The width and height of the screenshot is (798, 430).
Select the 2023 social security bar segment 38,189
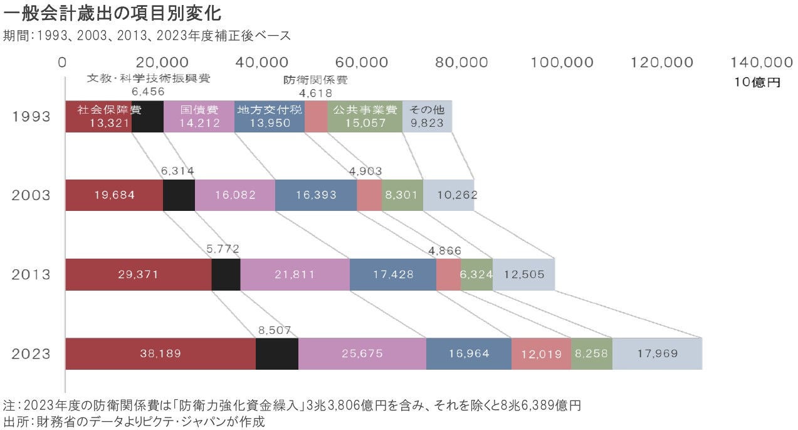coord(160,353)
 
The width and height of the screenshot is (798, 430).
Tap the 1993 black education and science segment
coord(147,117)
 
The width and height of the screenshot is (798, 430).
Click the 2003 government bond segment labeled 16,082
coord(235,195)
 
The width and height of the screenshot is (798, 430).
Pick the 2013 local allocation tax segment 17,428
coord(392,274)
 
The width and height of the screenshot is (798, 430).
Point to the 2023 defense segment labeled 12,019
coord(541,353)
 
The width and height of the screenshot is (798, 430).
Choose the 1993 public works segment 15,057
coord(365,117)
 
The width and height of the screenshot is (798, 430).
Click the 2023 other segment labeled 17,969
coord(657,353)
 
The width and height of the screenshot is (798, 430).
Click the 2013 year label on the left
coord(31,274)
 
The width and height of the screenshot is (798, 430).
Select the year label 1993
coord(31,117)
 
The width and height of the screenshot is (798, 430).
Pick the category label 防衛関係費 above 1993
coord(315,80)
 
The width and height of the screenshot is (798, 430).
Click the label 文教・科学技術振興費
coord(148,79)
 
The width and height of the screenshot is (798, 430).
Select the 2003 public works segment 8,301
coord(402,195)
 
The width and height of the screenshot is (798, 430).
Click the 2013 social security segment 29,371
coord(138,274)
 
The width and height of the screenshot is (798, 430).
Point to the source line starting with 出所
coord(135,421)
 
